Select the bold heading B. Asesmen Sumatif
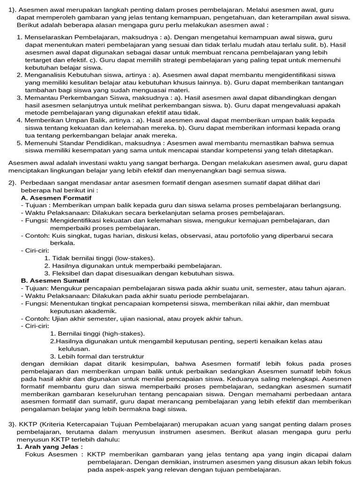(55, 280)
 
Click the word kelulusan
(74, 349)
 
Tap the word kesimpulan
(157, 363)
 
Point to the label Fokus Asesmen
(52, 454)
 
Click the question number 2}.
(12, 183)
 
